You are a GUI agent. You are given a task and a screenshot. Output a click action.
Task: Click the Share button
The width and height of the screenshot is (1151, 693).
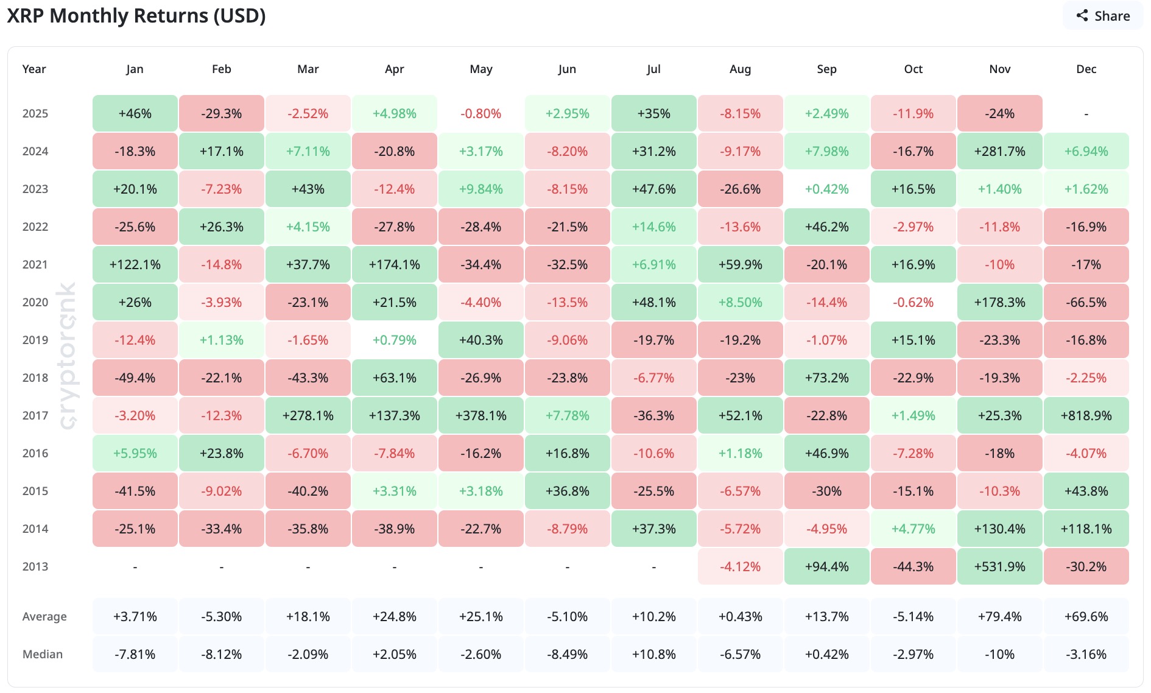click(1103, 16)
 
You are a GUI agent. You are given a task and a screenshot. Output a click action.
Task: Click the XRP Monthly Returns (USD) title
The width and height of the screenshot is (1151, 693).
click(136, 16)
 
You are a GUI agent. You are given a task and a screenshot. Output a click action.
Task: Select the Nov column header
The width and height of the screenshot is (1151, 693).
click(999, 69)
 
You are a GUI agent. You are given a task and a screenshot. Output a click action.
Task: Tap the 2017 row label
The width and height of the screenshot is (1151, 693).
click(35, 416)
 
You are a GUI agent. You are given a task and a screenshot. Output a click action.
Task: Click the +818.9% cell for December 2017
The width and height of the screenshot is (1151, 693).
click(1086, 416)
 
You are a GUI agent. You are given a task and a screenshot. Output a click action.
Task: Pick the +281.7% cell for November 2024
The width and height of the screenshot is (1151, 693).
click(999, 152)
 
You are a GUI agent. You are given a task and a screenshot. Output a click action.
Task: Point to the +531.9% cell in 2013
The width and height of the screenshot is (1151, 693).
click(999, 567)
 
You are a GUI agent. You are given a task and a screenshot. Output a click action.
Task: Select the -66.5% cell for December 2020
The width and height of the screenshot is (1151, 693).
click(1086, 303)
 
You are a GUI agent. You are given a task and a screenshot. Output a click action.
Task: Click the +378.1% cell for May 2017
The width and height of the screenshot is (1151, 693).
click(480, 416)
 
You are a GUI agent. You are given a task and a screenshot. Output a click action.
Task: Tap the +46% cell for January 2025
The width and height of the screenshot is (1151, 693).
click(135, 114)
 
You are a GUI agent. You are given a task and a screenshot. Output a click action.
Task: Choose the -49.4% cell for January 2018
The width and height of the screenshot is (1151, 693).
click(135, 378)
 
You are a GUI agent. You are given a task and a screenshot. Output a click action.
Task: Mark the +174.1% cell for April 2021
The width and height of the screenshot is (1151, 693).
click(394, 265)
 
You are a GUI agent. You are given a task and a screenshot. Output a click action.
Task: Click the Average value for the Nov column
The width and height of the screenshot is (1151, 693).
click(999, 617)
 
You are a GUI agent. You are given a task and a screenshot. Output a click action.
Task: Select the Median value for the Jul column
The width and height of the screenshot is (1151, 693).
click(653, 655)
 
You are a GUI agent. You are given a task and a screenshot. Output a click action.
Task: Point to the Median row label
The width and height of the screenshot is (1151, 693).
click(43, 655)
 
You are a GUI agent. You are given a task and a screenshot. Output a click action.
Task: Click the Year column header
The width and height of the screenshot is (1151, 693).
click(34, 69)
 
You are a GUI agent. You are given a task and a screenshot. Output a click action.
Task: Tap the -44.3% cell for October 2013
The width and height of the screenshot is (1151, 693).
click(913, 567)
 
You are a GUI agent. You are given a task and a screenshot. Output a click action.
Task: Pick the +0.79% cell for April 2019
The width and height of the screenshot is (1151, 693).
click(394, 340)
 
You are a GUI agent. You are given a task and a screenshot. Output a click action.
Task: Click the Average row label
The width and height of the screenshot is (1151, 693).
click(44, 617)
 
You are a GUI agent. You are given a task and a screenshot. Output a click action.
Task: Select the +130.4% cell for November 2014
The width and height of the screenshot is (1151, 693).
click(999, 529)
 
